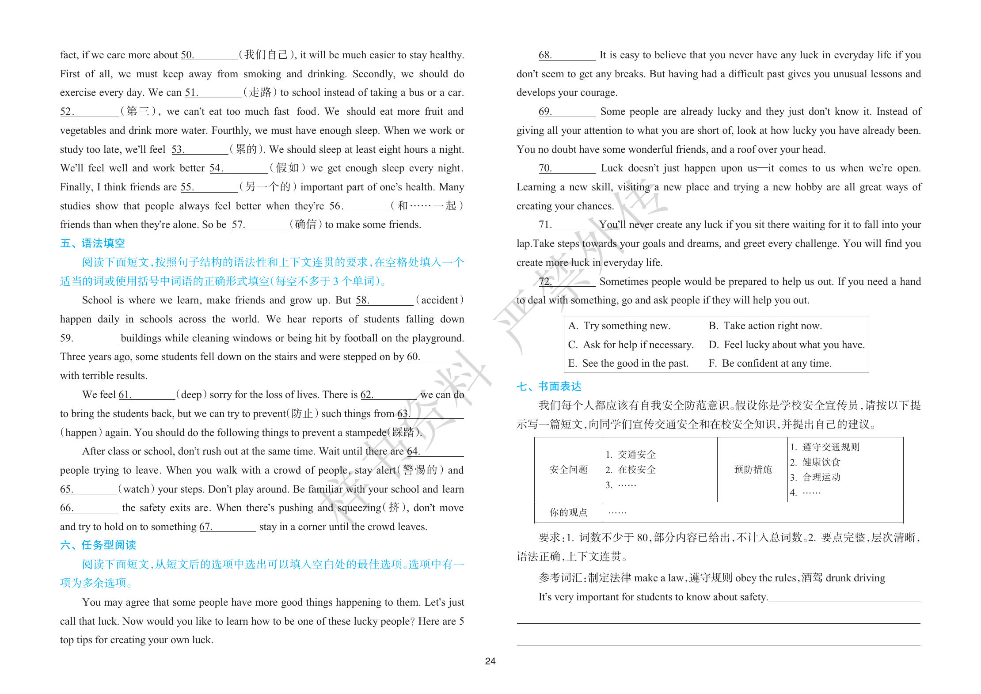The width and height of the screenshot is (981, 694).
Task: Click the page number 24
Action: coord(490,661)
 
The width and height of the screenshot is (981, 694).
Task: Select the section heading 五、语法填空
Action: coord(92,243)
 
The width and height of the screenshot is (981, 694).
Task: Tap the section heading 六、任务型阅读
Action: coord(98,545)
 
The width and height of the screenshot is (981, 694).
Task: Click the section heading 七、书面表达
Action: coord(549,387)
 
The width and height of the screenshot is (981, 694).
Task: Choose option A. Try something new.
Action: coord(619,326)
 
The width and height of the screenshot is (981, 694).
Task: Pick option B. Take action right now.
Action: coord(765,326)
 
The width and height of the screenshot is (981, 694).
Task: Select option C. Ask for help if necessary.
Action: coord(631,345)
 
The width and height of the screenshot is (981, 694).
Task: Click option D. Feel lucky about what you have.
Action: coord(787,345)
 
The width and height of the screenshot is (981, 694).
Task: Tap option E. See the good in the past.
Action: coord(628,364)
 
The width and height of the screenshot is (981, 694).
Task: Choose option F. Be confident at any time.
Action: coord(770,364)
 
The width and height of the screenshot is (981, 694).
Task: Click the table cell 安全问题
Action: coord(568,470)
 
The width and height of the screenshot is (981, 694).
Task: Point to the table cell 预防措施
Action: coord(753,470)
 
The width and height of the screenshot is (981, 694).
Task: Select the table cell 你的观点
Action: coord(568,512)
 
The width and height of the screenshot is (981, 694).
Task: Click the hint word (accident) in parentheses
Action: coord(440,300)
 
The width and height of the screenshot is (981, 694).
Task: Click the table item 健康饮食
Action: coord(821,463)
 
